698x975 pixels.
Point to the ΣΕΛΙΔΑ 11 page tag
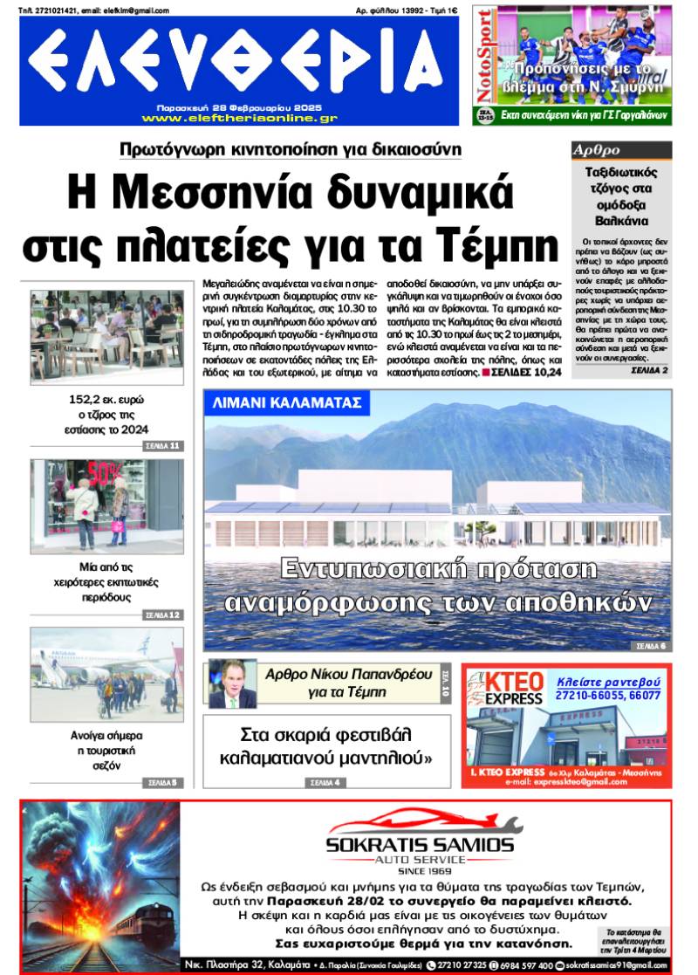pos(162,446)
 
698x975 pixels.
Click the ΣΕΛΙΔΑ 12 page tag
pos(162,615)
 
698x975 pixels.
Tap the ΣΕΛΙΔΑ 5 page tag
pos(162,782)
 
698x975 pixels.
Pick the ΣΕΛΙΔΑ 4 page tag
pos(325,782)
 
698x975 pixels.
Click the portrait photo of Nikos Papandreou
pos(232,683)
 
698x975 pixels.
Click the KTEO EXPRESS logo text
pos(513,689)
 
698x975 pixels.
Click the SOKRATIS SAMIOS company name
pos(420,845)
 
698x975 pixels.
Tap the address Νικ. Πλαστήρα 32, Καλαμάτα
pos(251,965)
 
